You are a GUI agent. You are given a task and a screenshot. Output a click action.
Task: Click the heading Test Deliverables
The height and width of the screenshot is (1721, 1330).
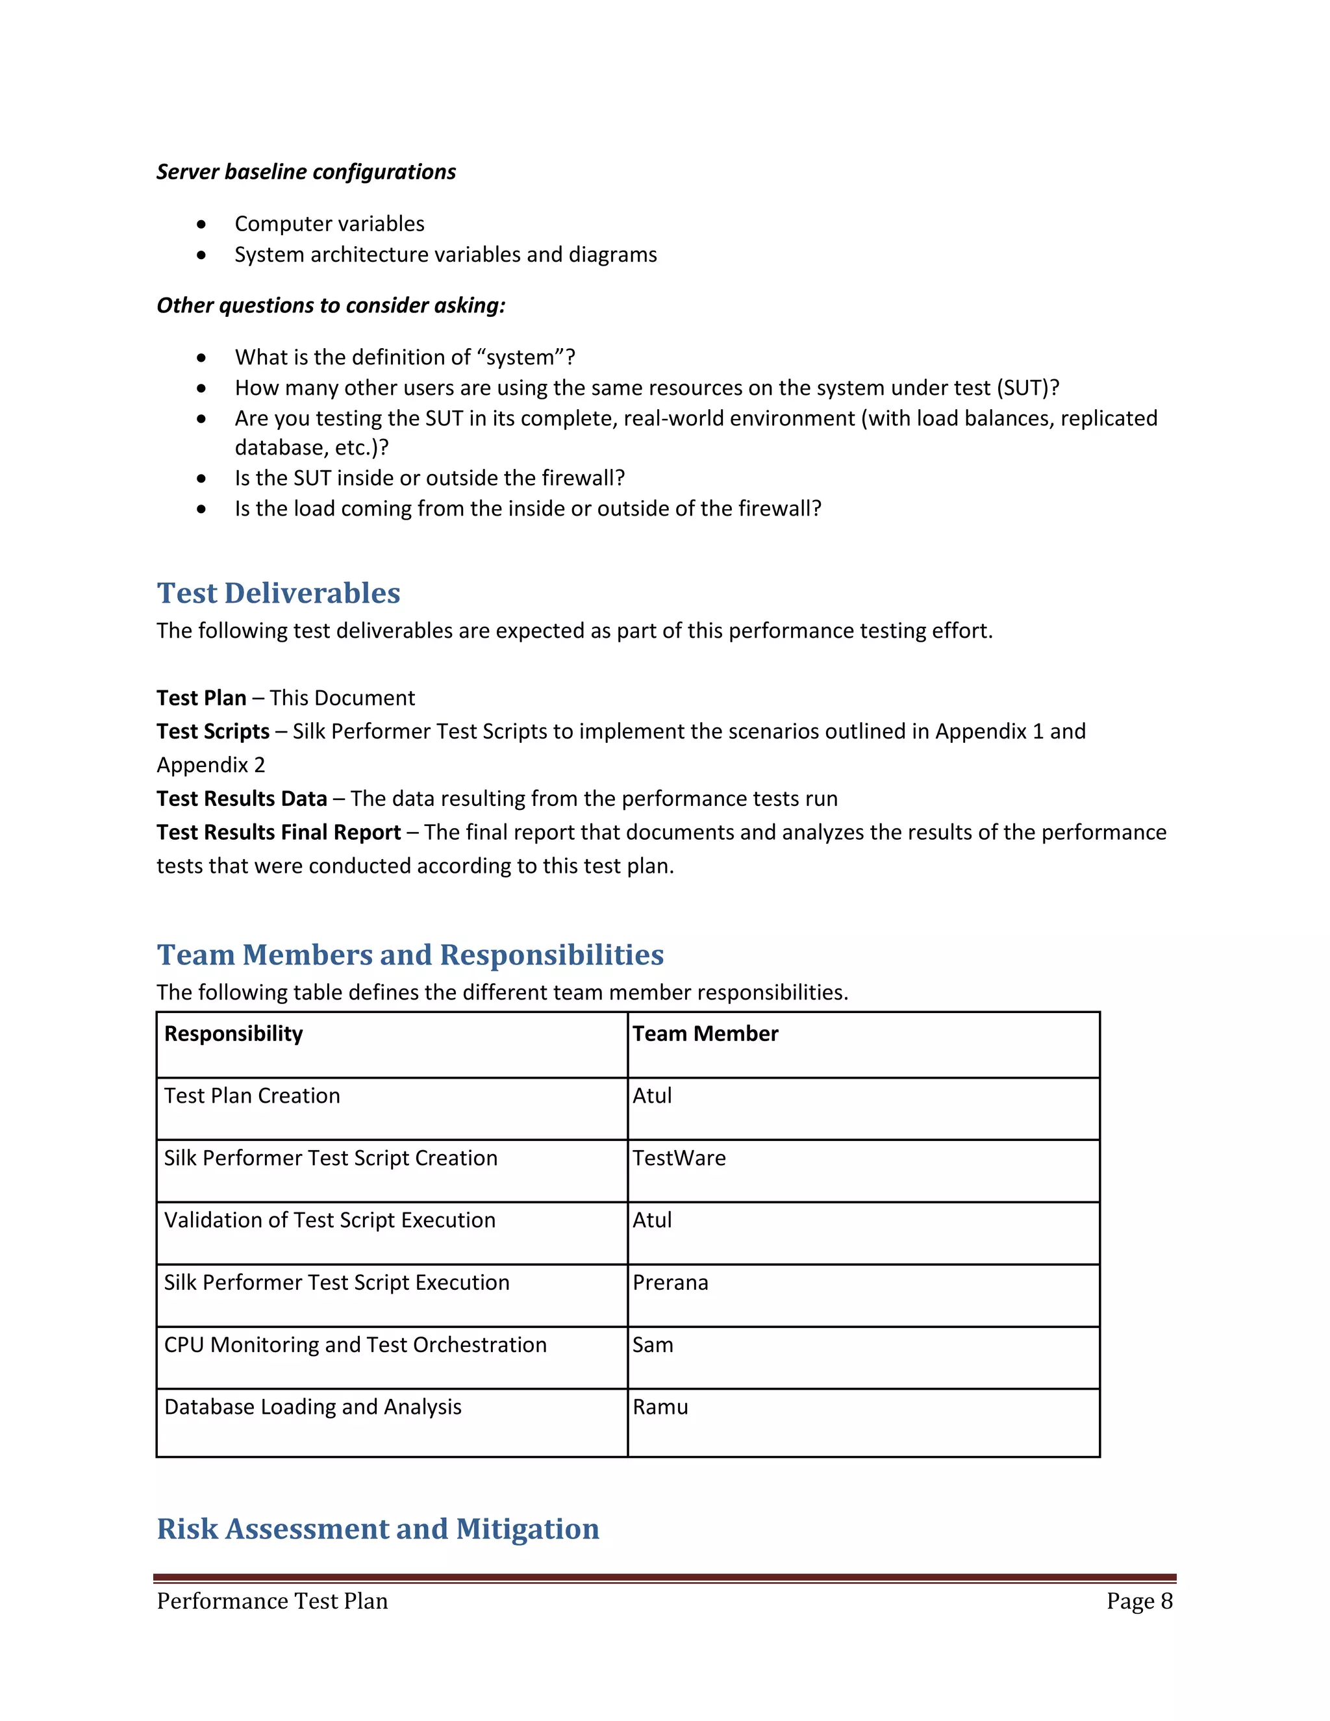pyautogui.click(x=278, y=594)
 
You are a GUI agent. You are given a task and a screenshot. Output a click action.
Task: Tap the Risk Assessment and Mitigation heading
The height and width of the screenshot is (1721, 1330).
pyautogui.click(x=377, y=1528)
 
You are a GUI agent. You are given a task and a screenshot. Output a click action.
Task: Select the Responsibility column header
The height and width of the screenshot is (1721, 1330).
pyautogui.click(x=233, y=1033)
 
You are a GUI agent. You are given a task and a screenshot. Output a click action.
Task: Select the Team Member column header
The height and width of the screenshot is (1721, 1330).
pyautogui.click(x=705, y=1033)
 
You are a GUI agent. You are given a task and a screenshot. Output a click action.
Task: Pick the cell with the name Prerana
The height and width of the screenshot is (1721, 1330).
pyautogui.click(x=670, y=1282)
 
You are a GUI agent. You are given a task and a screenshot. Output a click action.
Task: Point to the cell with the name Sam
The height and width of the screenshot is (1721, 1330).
pyautogui.click(x=653, y=1344)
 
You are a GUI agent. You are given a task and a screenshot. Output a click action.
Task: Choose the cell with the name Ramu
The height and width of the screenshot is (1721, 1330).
pyautogui.click(x=660, y=1407)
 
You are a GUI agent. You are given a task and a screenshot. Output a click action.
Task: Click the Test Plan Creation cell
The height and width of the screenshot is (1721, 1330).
pyautogui.click(x=252, y=1096)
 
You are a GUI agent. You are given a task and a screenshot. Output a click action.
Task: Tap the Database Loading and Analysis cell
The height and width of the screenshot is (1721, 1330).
pyautogui.click(x=313, y=1407)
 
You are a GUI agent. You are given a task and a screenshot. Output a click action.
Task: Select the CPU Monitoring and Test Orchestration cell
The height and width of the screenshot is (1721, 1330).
pyautogui.click(x=355, y=1344)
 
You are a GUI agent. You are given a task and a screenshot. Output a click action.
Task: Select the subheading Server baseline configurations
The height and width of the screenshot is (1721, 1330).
pyautogui.click(x=306, y=172)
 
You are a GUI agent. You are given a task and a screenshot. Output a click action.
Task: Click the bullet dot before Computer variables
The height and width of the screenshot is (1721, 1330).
pyautogui.click(x=202, y=225)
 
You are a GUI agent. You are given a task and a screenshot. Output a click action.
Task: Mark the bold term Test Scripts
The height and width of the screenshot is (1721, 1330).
pyautogui.click(x=213, y=731)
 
